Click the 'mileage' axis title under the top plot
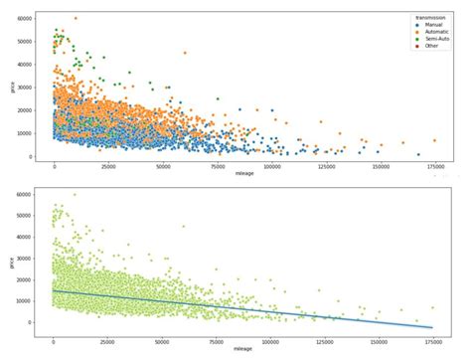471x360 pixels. pos(244,174)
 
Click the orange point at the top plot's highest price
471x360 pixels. pos(76,18)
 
